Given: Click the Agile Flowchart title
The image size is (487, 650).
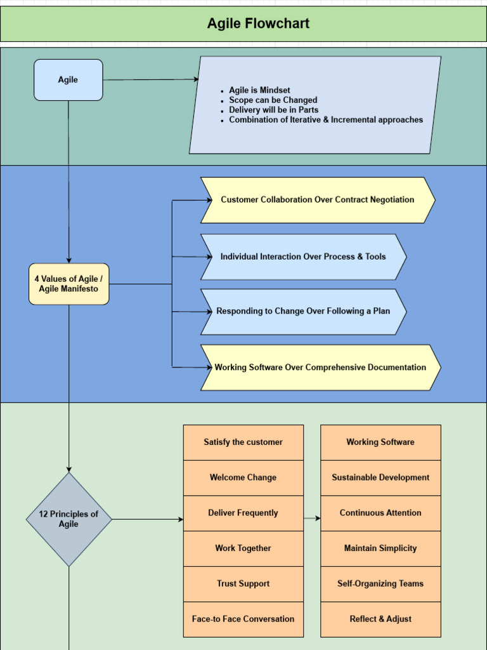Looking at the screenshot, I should pyautogui.click(x=258, y=24).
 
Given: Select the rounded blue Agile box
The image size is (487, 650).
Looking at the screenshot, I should pyautogui.click(x=68, y=80).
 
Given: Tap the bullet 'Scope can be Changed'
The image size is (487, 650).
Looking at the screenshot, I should pyautogui.click(x=273, y=100).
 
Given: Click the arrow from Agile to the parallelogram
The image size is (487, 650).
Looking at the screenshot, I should pyautogui.click(x=151, y=80).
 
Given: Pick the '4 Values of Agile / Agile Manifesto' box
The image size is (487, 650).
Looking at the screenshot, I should pyautogui.click(x=68, y=284).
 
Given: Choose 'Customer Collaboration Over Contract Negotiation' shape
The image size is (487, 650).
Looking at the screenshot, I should pyautogui.click(x=317, y=200).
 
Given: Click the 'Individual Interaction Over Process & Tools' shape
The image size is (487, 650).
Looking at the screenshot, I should pyautogui.click(x=303, y=257).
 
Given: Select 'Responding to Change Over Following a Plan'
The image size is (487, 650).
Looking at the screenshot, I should pyautogui.click(x=303, y=312).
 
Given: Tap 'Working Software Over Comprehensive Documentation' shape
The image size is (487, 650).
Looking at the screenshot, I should pyautogui.click(x=320, y=368).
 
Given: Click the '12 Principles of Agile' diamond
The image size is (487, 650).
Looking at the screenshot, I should pyautogui.click(x=68, y=519).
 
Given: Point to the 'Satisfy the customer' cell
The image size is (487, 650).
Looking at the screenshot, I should pyautogui.click(x=243, y=442).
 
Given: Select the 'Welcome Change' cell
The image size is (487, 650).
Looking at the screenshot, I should pyautogui.click(x=243, y=478).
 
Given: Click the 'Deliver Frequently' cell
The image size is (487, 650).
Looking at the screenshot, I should pyautogui.click(x=243, y=514).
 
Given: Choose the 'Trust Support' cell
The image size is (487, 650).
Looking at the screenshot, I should pyautogui.click(x=243, y=584).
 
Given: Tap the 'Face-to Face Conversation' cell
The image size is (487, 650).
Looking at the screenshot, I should pyautogui.click(x=243, y=620).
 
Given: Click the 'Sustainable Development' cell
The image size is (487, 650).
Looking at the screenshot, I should pyautogui.click(x=380, y=478).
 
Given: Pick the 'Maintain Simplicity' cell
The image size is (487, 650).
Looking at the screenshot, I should pyautogui.click(x=380, y=548).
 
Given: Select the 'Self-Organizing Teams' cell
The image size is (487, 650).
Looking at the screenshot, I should pyautogui.click(x=380, y=584).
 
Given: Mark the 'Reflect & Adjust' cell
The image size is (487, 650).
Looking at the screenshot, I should pyautogui.click(x=380, y=620).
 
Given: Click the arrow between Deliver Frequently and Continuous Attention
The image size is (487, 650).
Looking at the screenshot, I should pyautogui.click(x=312, y=519).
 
